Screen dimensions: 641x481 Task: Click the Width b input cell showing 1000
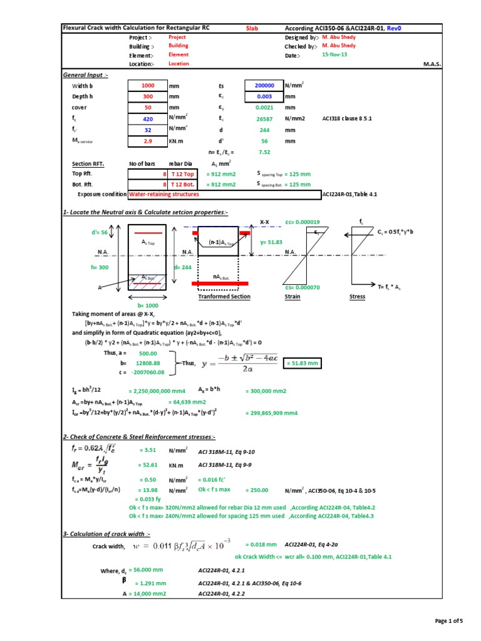tap(147, 86)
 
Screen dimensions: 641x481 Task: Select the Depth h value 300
tap(147, 97)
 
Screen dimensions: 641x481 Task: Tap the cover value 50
tap(147, 108)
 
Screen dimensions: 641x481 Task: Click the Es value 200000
tap(264, 86)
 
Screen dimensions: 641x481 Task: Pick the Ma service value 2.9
tap(147, 141)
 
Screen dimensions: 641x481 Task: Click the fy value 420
tap(147, 119)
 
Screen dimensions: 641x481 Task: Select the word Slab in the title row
tap(252, 29)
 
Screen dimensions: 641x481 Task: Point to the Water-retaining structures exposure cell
tap(164, 195)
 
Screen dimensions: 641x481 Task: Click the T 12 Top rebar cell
tap(183, 174)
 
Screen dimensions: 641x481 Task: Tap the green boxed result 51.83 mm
tap(303, 363)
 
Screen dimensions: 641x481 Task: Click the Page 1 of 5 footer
tap(448, 620)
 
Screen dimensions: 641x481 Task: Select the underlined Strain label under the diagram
tap(292, 297)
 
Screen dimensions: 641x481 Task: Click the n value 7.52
tap(264, 152)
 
